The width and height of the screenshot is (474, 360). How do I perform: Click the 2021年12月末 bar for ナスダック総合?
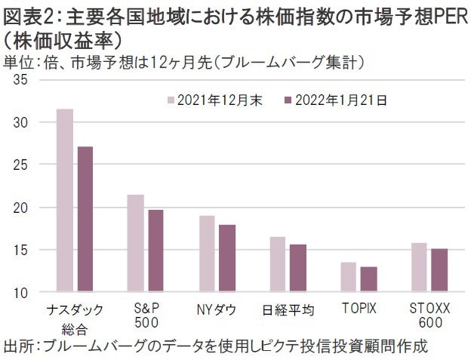[66, 200]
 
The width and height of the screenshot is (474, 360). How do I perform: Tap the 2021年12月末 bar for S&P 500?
[136, 243]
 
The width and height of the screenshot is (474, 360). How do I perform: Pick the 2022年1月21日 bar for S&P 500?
[155, 251]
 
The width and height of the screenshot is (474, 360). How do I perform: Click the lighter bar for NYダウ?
[208, 254]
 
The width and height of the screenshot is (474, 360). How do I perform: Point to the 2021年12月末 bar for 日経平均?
[278, 264]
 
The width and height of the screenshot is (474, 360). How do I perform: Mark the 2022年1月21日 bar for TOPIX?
[368, 279]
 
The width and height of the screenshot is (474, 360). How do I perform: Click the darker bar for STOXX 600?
[439, 270]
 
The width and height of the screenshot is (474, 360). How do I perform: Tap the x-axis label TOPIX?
[359, 309]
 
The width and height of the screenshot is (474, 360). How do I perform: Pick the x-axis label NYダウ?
[216, 309]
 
